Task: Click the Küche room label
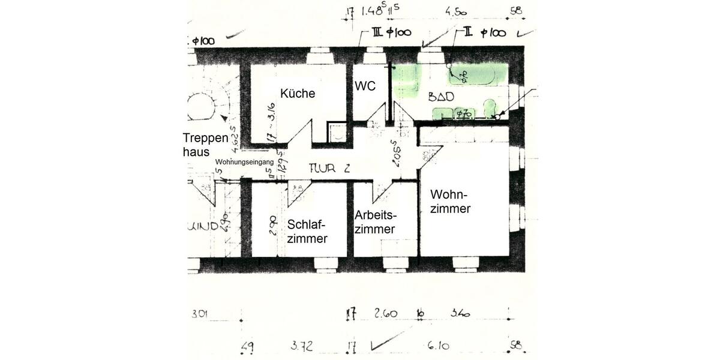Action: click(297, 94)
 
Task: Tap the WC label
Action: click(365, 86)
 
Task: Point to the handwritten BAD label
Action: click(441, 97)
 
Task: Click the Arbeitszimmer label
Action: click(376, 222)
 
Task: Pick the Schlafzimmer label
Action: click(307, 231)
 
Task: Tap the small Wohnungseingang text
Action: click(244, 162)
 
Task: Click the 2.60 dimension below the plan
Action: click(385, 313)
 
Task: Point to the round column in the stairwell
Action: click(201, 107)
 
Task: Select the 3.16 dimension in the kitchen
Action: click(271, 120)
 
